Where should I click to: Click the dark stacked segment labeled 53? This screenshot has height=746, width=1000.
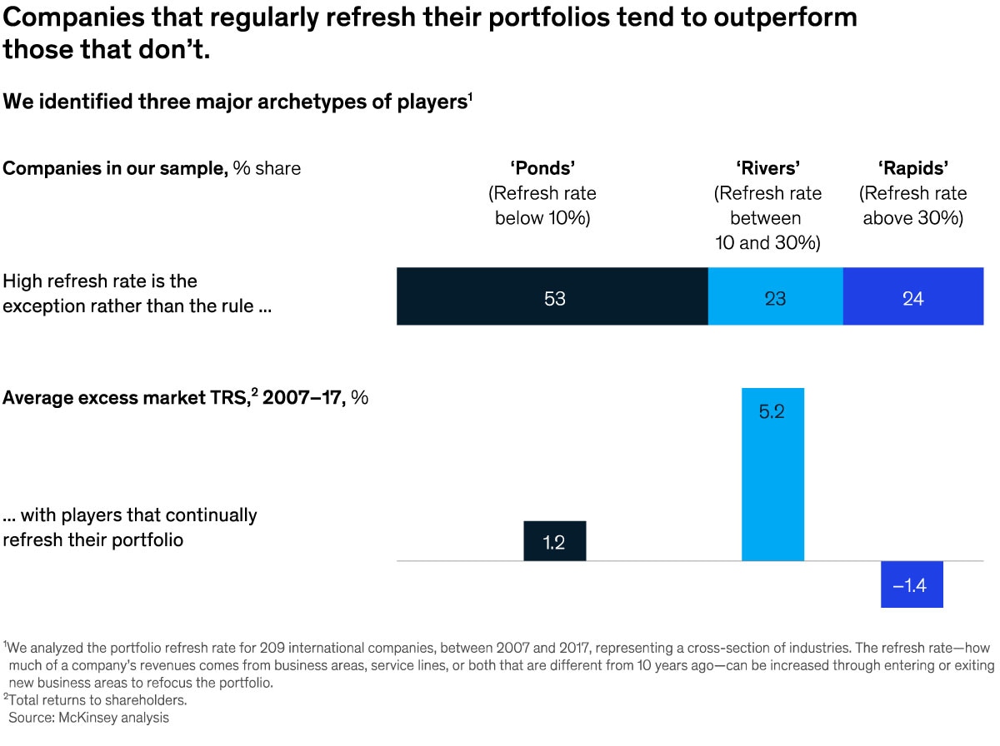click(552, 296)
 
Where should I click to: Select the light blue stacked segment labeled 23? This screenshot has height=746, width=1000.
click(775, 296)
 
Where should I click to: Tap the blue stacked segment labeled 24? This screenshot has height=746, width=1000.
click(912, 296)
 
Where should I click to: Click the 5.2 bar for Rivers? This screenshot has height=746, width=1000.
click(772, 475)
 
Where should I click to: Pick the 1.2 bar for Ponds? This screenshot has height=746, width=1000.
click(554, 541)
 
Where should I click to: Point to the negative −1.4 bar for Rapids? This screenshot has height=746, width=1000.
click(912, 584)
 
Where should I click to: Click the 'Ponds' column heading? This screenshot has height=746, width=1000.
click(542, 168)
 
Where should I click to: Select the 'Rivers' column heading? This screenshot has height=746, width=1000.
click(767, 168)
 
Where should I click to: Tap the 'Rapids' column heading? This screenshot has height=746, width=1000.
click(912, 168)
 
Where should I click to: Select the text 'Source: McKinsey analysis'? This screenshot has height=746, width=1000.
click(88, 718)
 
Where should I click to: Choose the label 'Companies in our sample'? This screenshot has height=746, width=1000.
click(115, 168)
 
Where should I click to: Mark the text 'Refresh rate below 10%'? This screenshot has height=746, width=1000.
click(542, 206)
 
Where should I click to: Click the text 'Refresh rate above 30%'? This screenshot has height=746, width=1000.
click(912, 206)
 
